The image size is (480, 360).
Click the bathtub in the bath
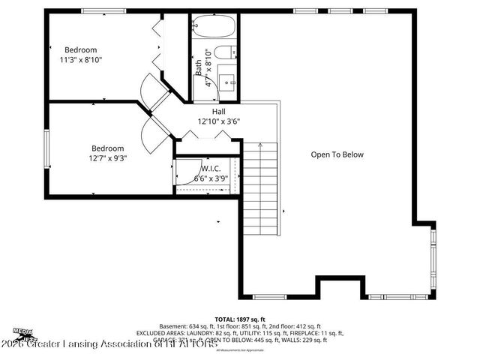pyautogui.click(x=213, y=28)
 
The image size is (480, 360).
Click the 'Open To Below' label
pyautogui.click(x=337, y=154)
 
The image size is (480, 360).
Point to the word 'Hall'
pyautogui.click(x=218, y=111)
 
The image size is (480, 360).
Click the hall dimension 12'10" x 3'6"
pyautogui.click(x=218, y=121)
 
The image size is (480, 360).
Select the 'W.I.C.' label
pyautogui.click(x=211, y=169)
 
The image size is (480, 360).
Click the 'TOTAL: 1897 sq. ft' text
pyautogui.click(x=240, y=319)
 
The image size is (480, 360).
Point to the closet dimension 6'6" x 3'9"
pyautogui.click(x=211, y=178)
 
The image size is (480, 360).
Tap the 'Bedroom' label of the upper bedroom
pyautogui.click(x=81, y=49)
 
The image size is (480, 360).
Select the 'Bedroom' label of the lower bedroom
pyautogui.click(x=107, y=148)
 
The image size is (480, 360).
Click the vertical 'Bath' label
pyautogui.click(x=199, y=68)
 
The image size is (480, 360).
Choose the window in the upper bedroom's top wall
pyautogui.click(x=103, y=11)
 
